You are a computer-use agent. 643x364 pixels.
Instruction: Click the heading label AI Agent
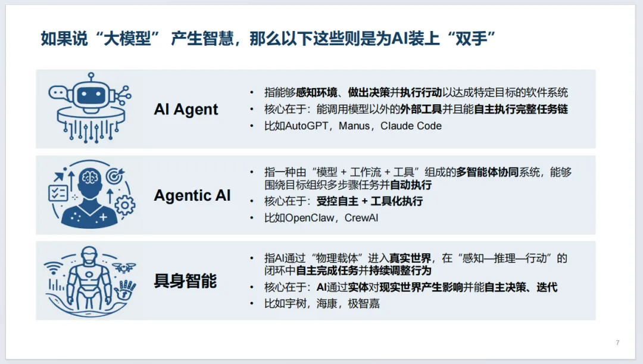point(186,110)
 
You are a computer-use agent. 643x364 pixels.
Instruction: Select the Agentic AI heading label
point(192,195)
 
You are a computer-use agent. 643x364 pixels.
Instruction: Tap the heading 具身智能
point(185,281)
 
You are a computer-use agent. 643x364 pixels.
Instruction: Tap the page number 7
point(617,343)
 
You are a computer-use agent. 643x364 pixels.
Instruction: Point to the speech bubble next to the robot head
point(57,93)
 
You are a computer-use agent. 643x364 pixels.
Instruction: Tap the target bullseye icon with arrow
point(114,176)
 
